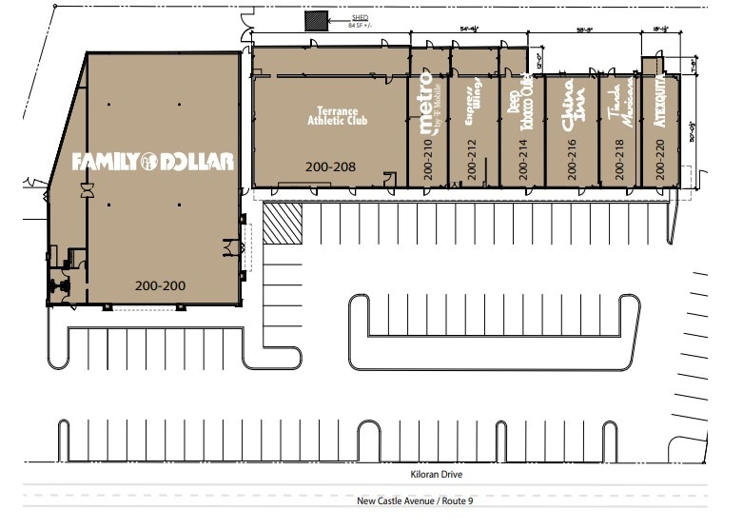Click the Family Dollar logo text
pyautogui.click(x=152, y=162)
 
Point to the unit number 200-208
pyautogui.click(x=330, y=166)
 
